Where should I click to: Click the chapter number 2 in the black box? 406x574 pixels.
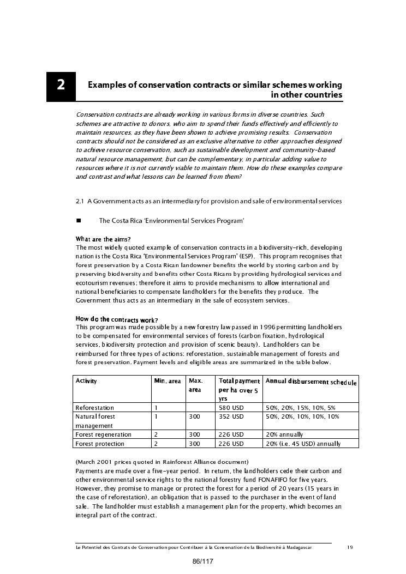[x=61, y=86]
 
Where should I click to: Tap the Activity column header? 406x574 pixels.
[x=86, y=380]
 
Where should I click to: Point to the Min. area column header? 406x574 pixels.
[x=168, y=381]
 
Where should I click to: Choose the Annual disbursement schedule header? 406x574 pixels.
[x=311, y=382]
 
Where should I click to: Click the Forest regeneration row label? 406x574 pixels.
[x=103, y=434]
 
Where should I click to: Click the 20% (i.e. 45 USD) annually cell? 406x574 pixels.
[x=303, y=444]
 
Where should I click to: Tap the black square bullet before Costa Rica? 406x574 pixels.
[x=78, y=221]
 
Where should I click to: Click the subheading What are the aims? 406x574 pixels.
[x=103, y=239]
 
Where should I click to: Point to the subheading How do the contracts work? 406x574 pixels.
[x=117, y=319]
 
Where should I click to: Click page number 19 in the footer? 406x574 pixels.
[x=350, y=548]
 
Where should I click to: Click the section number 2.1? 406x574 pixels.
[x=80, y=201]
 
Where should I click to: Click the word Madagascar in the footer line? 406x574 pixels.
[x=300, y=548]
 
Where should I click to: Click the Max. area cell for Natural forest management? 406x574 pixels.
[x=194, y=416]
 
